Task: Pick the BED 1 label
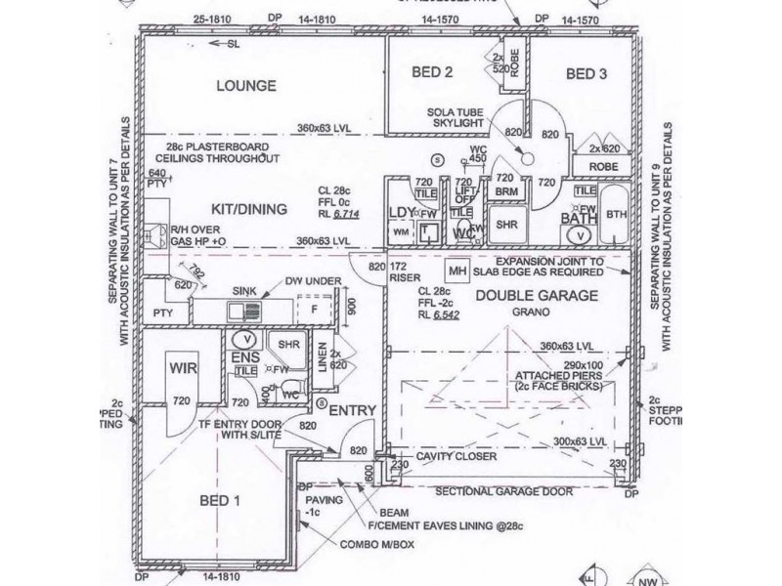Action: click(x=222, y=501)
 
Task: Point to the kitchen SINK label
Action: click(x=244, y=291)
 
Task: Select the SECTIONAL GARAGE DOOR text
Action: click(x=504, y=493)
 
